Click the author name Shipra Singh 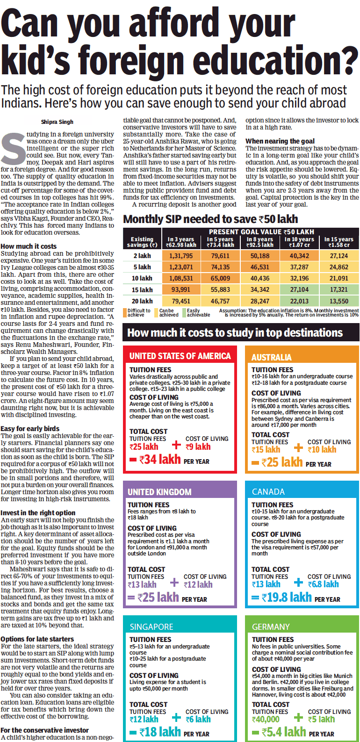(x=57, y=122)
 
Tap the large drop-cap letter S (x=13, y=149)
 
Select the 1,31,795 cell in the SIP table (x=181, y=256)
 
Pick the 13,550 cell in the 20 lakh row (x=338, y=301)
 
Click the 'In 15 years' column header (x=338, y=242)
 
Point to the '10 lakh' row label (x=142, y=278)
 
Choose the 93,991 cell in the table (x=181, y=290)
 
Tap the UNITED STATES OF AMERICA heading (x=180, y=356)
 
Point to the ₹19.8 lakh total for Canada (x=287, y=598)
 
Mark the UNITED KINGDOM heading (x=159, y=492)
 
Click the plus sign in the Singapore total (x=176, y=718)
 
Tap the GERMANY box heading (x=271, y=627)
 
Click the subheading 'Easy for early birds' (x=30, y=428)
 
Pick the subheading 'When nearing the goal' (x=280, y=141)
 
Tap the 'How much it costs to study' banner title (x=235, y=333)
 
